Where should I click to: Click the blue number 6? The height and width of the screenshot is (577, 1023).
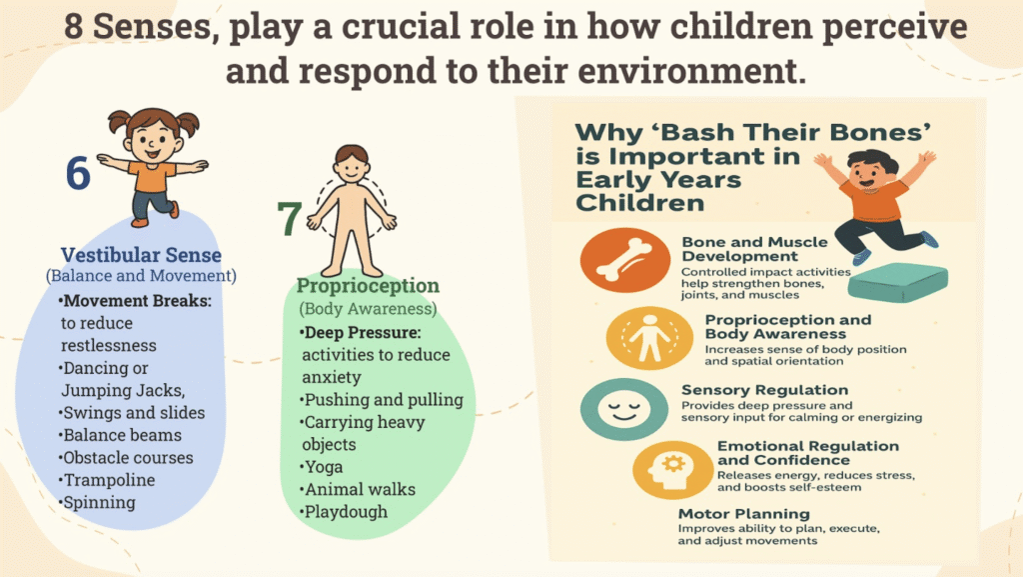[x=78, y=173]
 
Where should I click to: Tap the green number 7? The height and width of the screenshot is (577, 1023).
[x=289, y=218]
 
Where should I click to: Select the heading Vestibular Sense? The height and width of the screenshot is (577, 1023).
[x=141, y=255]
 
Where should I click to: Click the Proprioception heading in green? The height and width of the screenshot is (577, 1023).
[x=368, y=286]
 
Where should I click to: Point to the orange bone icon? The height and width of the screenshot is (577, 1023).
[x=624, y=260]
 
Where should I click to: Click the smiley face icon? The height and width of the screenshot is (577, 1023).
[x=623, y=409]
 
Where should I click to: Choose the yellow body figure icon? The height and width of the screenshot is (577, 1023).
[x=649, y=338]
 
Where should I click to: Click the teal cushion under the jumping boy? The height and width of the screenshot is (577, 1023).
[x=899, y=282]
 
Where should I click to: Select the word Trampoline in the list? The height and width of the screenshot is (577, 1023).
[x=109, y=480]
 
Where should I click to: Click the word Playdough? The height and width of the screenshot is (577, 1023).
[x=346, y=512]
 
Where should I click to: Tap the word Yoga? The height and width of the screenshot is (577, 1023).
[x=324, y=467]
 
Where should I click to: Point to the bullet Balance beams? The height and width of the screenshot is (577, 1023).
[x=120, y=435]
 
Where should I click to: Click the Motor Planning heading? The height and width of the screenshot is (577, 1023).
[x=743, y=514]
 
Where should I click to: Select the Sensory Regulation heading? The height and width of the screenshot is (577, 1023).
[x=764, y=390]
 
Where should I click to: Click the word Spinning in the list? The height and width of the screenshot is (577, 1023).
[x=99, y=503]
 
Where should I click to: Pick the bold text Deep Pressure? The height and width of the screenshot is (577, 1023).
[x=361, y=333]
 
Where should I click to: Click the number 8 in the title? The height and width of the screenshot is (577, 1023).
[x=74, y=26]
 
